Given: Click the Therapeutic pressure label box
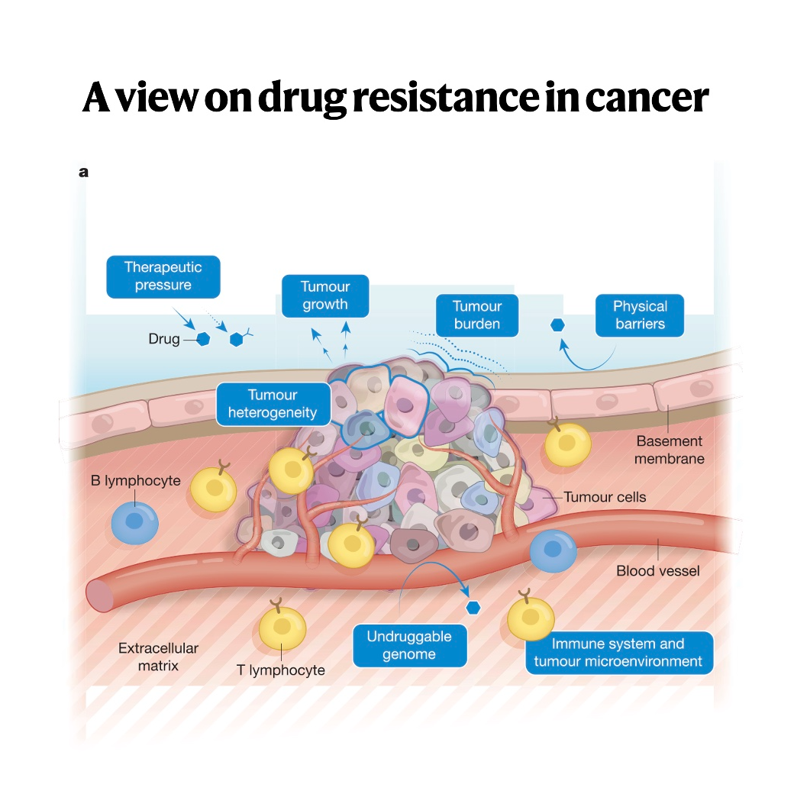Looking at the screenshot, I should (x=163, y=276).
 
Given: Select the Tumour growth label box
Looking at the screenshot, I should (x=325, y=295).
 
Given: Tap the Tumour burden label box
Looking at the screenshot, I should (x=477, y=315).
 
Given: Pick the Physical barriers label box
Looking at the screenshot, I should (x=640, y=315).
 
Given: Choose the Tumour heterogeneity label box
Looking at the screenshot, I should (x=273, y=404).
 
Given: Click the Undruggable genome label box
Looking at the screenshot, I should (x=409, y=645).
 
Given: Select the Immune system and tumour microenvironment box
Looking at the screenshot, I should (x=618, y=652).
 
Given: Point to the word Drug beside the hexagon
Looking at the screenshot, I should (x=163, y=338).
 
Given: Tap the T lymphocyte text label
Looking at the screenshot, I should (x=281, y=670).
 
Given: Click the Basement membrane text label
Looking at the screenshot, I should (x=670, y=450).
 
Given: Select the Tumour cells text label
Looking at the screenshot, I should (x=605, y=497).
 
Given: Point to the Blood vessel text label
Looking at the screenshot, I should (x=658, y=570).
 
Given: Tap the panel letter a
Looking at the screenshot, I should (x=83, y=173).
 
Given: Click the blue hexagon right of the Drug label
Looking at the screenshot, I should (x=203, y=338).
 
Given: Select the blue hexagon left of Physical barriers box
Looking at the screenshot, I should (x=558, y=325).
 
